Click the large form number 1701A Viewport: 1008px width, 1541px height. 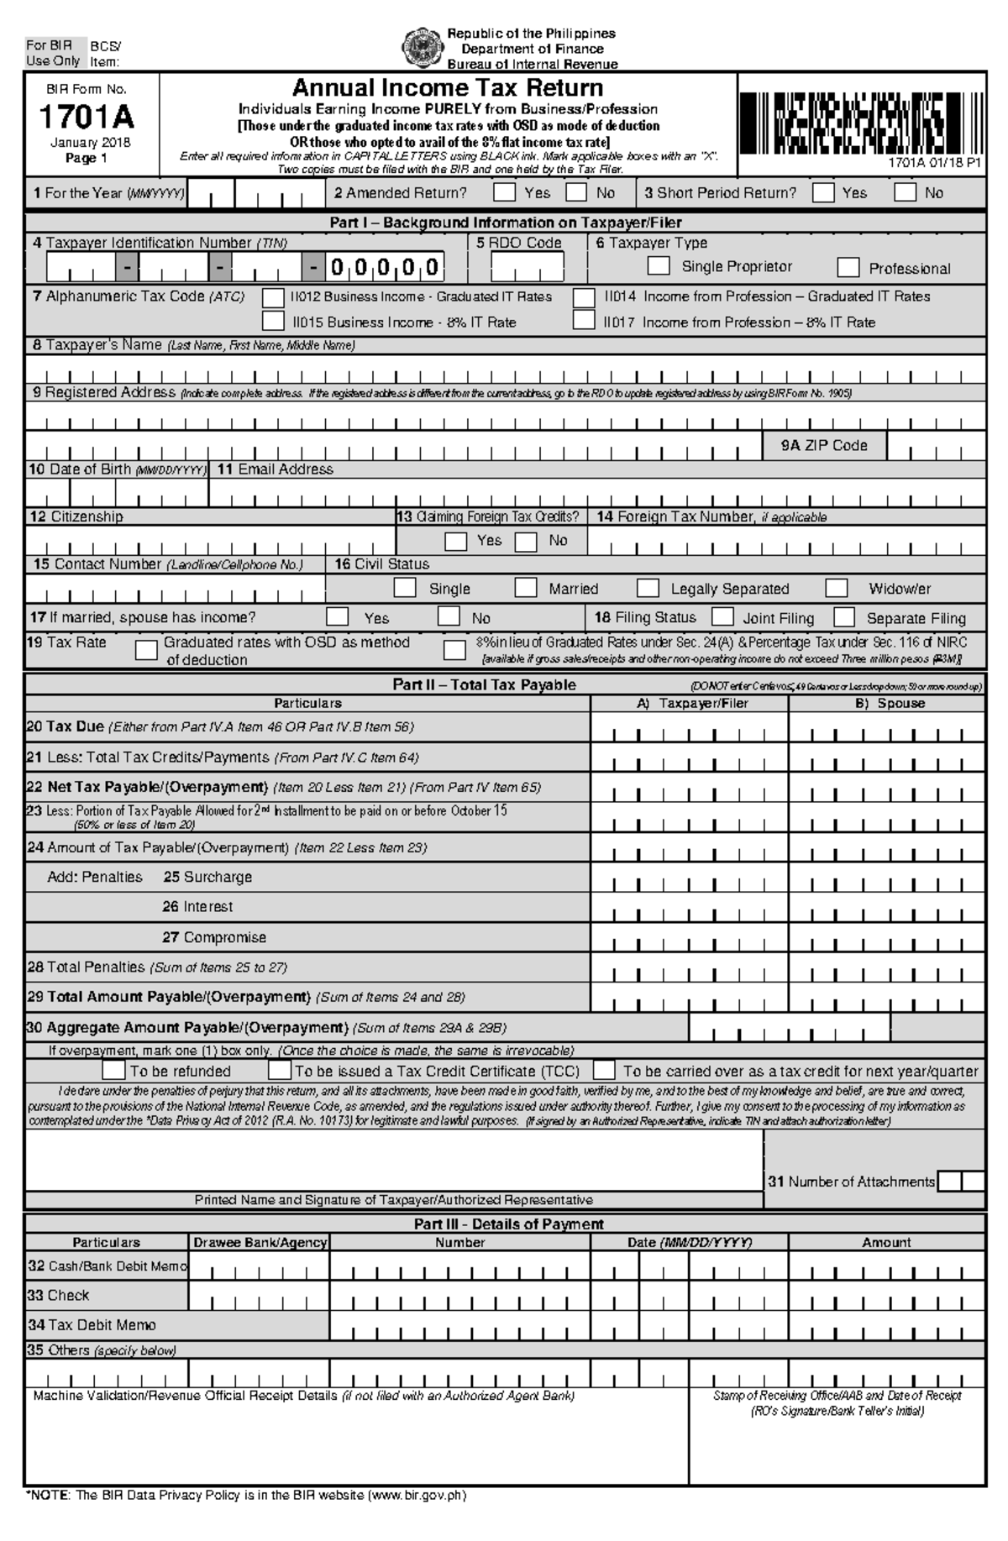click(x=87, y=117)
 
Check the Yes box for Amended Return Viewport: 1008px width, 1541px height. click(x=504, y=192)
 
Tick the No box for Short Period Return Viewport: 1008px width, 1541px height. click(x=905, y=192)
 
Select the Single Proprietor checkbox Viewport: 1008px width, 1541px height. click(x=659, y=266)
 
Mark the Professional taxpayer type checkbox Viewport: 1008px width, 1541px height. click(x=848, y=268)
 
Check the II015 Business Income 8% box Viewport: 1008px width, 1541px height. click(x=273, y=321)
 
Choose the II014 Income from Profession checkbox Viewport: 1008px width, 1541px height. click(x=584, y=297)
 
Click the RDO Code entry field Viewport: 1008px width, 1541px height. click(x=527, y=268)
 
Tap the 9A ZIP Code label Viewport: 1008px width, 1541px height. click(x=823, y=446)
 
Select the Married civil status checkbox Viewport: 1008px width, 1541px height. click(x=526, y=587)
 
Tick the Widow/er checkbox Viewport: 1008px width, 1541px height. click(x=836, y=587)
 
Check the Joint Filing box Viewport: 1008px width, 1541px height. click(x=723, y=617)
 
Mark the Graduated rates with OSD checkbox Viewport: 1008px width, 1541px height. click(x=146, y=650)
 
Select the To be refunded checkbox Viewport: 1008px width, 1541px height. click(x=113, y=1071)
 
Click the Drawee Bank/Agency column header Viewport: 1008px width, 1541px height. click(x=260, y=1242)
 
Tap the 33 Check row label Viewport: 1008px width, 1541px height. click(x=58, y=1295)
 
